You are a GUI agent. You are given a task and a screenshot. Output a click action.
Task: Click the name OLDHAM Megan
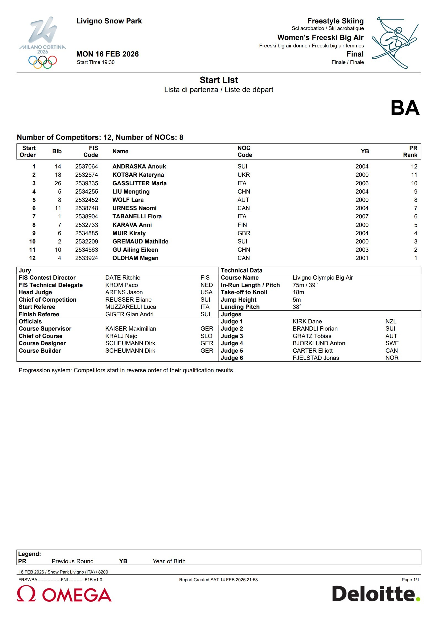(135, 258)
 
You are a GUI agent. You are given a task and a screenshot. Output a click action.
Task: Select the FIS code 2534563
(87, 250)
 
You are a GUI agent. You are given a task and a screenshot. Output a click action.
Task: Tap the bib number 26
(58, 183)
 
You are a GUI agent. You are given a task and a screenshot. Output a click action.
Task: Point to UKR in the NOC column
(244, 175)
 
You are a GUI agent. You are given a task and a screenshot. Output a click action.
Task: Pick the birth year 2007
(362, 216)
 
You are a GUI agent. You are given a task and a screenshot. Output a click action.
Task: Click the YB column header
(365, 151)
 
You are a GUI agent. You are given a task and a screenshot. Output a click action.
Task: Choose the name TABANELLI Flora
(137, 216)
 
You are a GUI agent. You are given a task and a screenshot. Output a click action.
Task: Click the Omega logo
(64, 594)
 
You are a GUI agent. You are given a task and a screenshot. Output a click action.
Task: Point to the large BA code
(405, 108)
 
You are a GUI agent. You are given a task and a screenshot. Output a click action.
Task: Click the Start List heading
(219, 80)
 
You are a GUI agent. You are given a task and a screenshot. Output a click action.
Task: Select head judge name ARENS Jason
(124, 292)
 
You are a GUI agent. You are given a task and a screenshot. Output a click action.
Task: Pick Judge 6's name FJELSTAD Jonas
(316, 358)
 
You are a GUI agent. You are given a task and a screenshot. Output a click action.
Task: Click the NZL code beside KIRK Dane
(391, 321)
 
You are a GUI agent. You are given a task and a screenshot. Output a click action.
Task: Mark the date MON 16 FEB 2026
(107, 54)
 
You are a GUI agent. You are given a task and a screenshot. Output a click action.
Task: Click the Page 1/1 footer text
(410, 580)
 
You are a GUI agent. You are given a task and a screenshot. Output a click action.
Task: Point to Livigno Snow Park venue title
(109, 21)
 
